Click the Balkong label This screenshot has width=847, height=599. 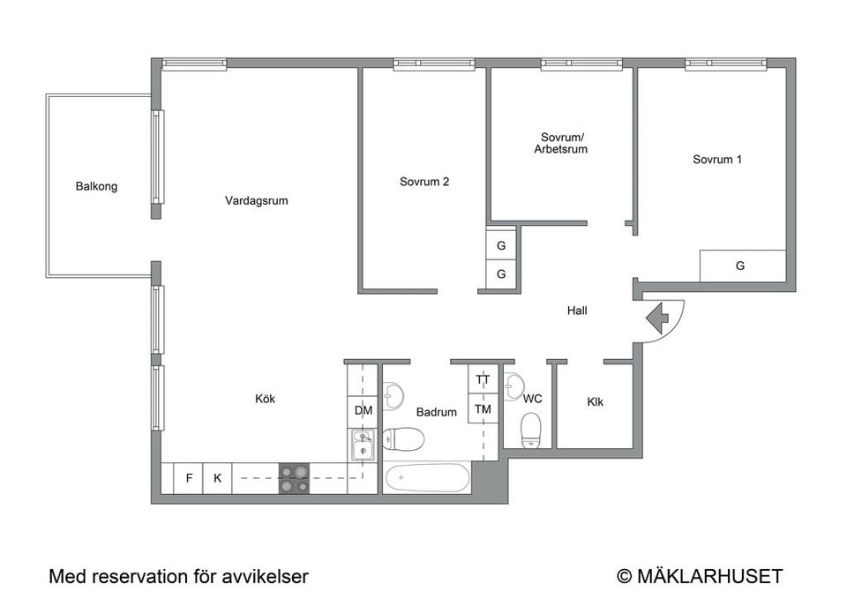click(96, 186)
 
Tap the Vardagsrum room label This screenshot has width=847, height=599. click(257, 201)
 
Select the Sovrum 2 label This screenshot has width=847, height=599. click(424, 182)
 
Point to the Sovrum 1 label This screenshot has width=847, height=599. click(716, 160)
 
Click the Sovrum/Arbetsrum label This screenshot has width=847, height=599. click(561, 143)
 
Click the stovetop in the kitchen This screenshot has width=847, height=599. click(295, 478)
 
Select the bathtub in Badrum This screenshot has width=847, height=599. click(427, 477)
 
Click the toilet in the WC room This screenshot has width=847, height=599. click(531, 431)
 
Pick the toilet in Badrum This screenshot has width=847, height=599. click(403, 438)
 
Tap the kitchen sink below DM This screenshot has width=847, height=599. click(363, 444)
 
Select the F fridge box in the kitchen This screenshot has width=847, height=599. click(189, 478)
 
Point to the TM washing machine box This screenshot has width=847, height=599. click(483, 408)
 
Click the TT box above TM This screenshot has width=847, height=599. click(483, 379)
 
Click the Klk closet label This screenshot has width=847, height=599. click(596, 402)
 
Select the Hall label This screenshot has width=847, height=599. click(577, 311)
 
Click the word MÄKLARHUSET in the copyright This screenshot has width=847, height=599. click(709, 576)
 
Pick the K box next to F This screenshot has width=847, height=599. click(217, 478)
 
